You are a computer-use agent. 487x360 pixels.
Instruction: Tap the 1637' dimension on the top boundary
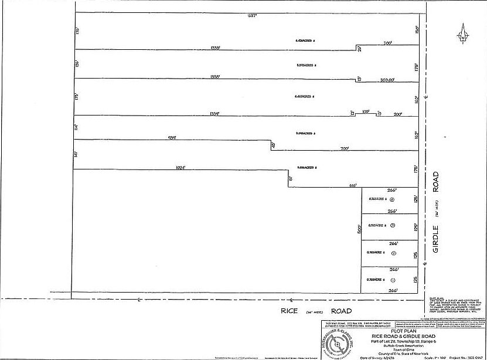click(x=253, y=16)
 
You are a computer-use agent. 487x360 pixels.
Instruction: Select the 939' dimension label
click(x=172, y=138)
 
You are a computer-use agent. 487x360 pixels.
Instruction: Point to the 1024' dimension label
click(x=181, y=168)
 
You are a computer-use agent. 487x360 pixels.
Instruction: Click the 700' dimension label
click(x=345, y=150)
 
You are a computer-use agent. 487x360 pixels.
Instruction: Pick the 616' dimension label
click(x=353, y=185)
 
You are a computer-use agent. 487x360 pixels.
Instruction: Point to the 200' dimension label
click(x=398, y=114)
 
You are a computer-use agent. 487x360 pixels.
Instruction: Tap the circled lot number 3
click(x=393, y=226)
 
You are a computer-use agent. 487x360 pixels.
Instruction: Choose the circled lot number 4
click(x=391, y=199)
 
